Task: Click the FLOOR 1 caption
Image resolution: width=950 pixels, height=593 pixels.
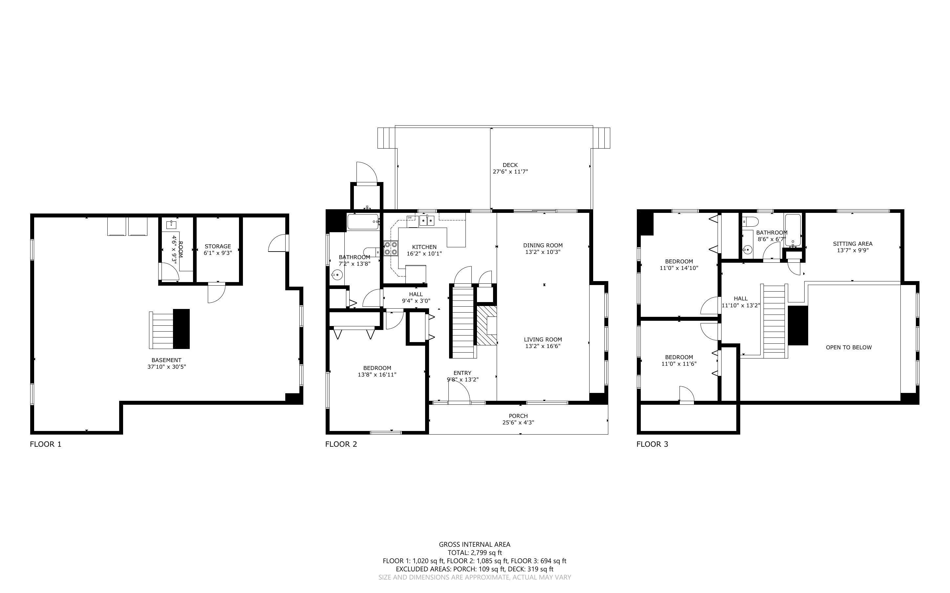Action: coord(46,444)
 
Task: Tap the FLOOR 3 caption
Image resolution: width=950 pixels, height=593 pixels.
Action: coord(652,444)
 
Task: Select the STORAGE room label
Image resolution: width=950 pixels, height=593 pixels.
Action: coord(218,246)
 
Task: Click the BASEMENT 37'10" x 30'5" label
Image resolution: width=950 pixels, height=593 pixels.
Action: coord(166,363)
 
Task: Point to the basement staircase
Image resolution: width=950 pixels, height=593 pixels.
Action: coord(161,330)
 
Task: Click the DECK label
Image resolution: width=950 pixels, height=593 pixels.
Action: coord(510,165)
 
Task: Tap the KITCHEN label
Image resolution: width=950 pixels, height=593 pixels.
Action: coord(424,247)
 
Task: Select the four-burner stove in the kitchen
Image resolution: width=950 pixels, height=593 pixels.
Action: coord(391,248)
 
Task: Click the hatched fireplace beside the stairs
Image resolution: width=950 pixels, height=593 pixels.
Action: coord(486,325)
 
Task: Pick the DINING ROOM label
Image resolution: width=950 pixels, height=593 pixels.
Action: coord(543,246)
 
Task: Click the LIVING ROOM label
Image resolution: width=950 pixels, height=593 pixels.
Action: coord(543,340)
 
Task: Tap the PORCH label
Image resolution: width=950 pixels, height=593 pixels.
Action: coord(518,416)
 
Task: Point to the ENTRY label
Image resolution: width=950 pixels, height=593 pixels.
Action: coord(462,373)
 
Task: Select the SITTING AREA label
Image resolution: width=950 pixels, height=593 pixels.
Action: coord(852,244)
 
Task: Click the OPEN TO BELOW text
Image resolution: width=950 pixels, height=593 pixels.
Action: coord(848,347)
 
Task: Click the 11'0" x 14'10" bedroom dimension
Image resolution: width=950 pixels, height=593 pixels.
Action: coord(679,268)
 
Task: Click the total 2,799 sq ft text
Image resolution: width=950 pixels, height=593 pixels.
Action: coord(474,553)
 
